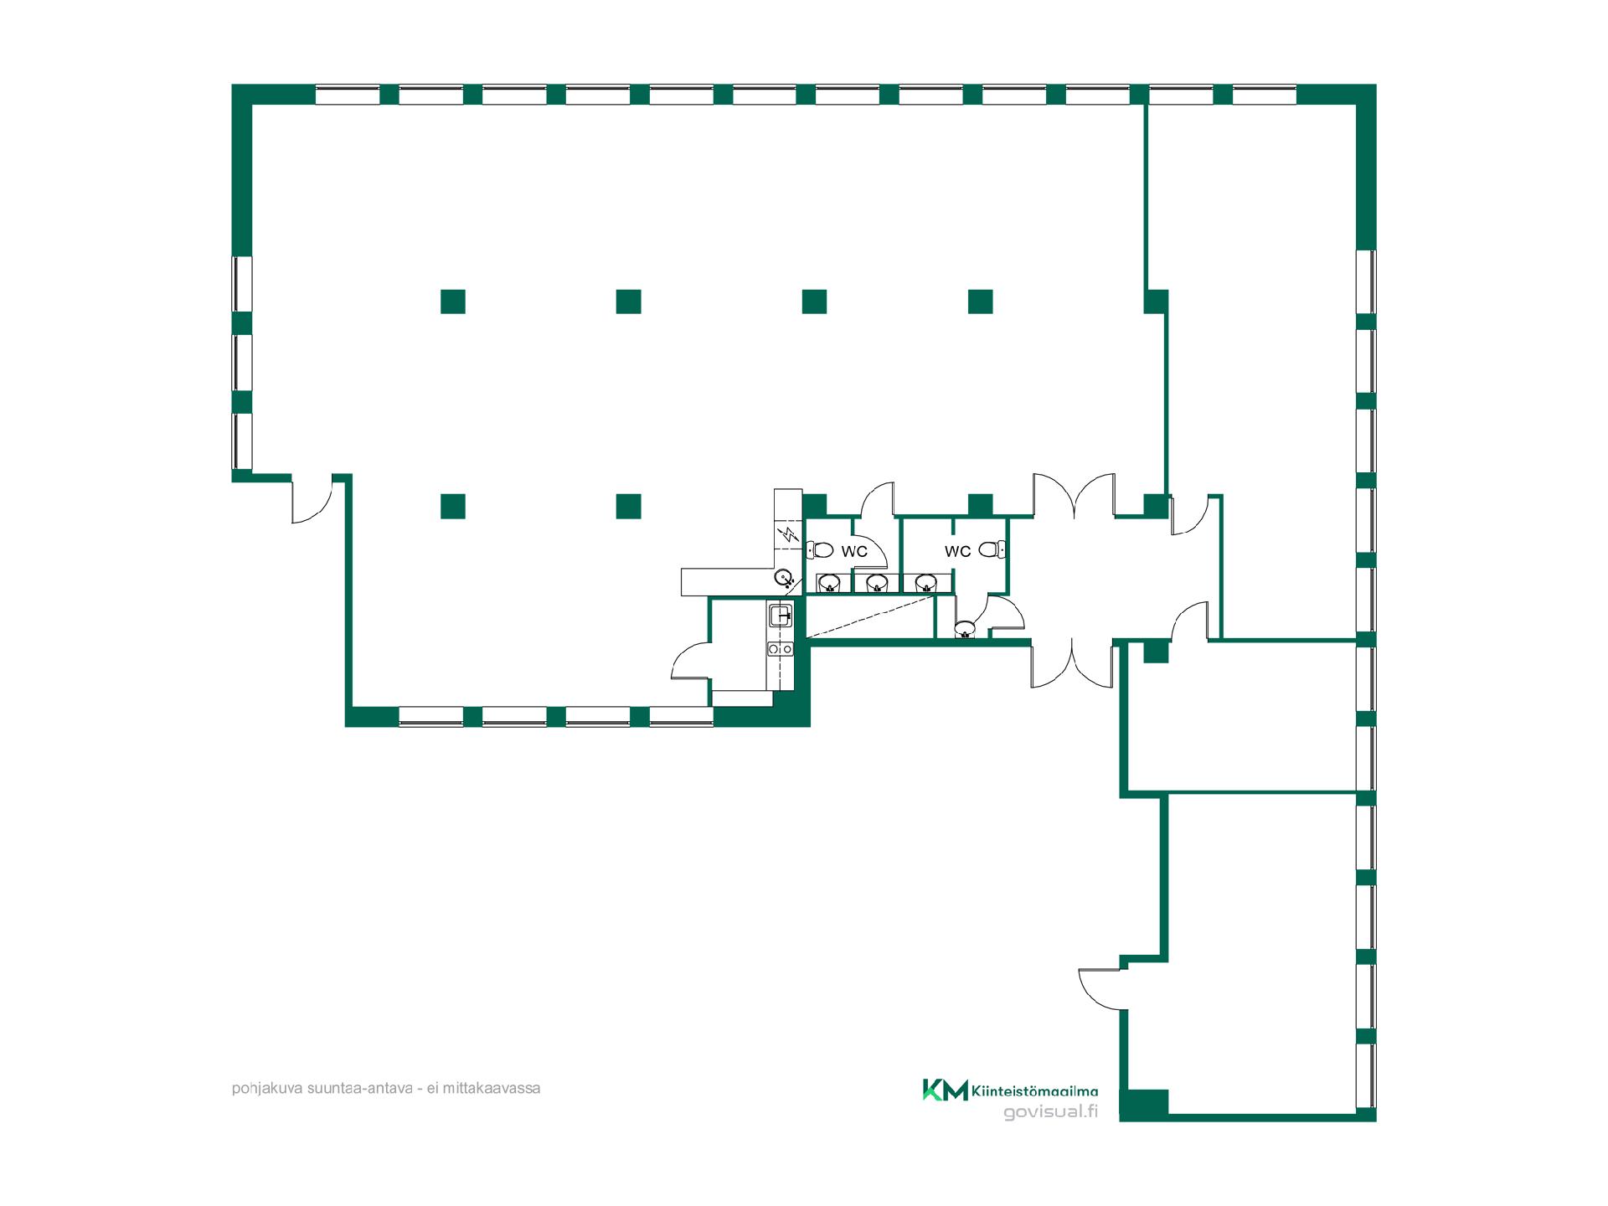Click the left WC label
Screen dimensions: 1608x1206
(854, 551)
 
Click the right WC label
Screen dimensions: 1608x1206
(957, 551)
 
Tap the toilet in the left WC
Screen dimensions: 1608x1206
(820, 550)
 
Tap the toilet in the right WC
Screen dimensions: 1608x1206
(992, 549)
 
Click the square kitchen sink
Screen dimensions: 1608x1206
(781, 616)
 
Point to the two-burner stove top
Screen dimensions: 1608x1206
(781, 649)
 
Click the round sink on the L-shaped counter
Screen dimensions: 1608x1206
(783, 577)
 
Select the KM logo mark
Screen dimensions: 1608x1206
(945, 1090)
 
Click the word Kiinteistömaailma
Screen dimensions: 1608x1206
(1034, 1090)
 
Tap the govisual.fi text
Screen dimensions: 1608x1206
(1050, 1112)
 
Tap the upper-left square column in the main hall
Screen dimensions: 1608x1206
(453, 301)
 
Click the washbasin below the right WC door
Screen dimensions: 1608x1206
(965, 628)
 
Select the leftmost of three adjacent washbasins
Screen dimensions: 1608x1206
(828, 583)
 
